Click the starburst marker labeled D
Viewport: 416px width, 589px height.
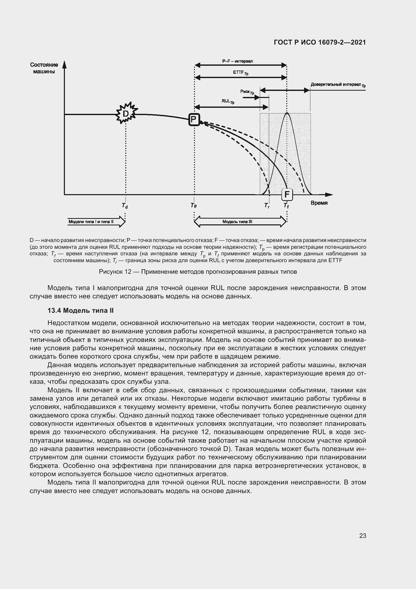(126, 114)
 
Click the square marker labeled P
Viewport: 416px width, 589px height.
(194, 120)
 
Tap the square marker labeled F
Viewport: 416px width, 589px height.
(287, 194)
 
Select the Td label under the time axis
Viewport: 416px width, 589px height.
(125, 206)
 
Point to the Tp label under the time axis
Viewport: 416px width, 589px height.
(194, 205)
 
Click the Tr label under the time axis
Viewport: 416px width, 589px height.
(267, 205)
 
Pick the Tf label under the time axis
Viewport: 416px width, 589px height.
(286, 205)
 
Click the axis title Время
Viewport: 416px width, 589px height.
(319, 203)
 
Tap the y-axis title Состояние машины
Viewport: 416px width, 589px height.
(44, 68)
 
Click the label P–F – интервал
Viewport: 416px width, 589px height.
(237, 61)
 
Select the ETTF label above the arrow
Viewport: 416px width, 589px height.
(240, 73)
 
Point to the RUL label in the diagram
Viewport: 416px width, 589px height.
(228, 101)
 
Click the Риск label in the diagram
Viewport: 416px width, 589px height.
(247, 92)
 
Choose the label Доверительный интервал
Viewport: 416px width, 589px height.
(338, 85)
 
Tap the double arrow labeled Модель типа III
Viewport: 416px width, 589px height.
(240, 222)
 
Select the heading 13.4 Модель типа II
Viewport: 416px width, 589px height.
(80, 311)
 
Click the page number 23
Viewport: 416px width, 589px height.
(362, 536)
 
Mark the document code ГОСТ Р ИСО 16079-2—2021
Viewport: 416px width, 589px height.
(320, 42)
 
